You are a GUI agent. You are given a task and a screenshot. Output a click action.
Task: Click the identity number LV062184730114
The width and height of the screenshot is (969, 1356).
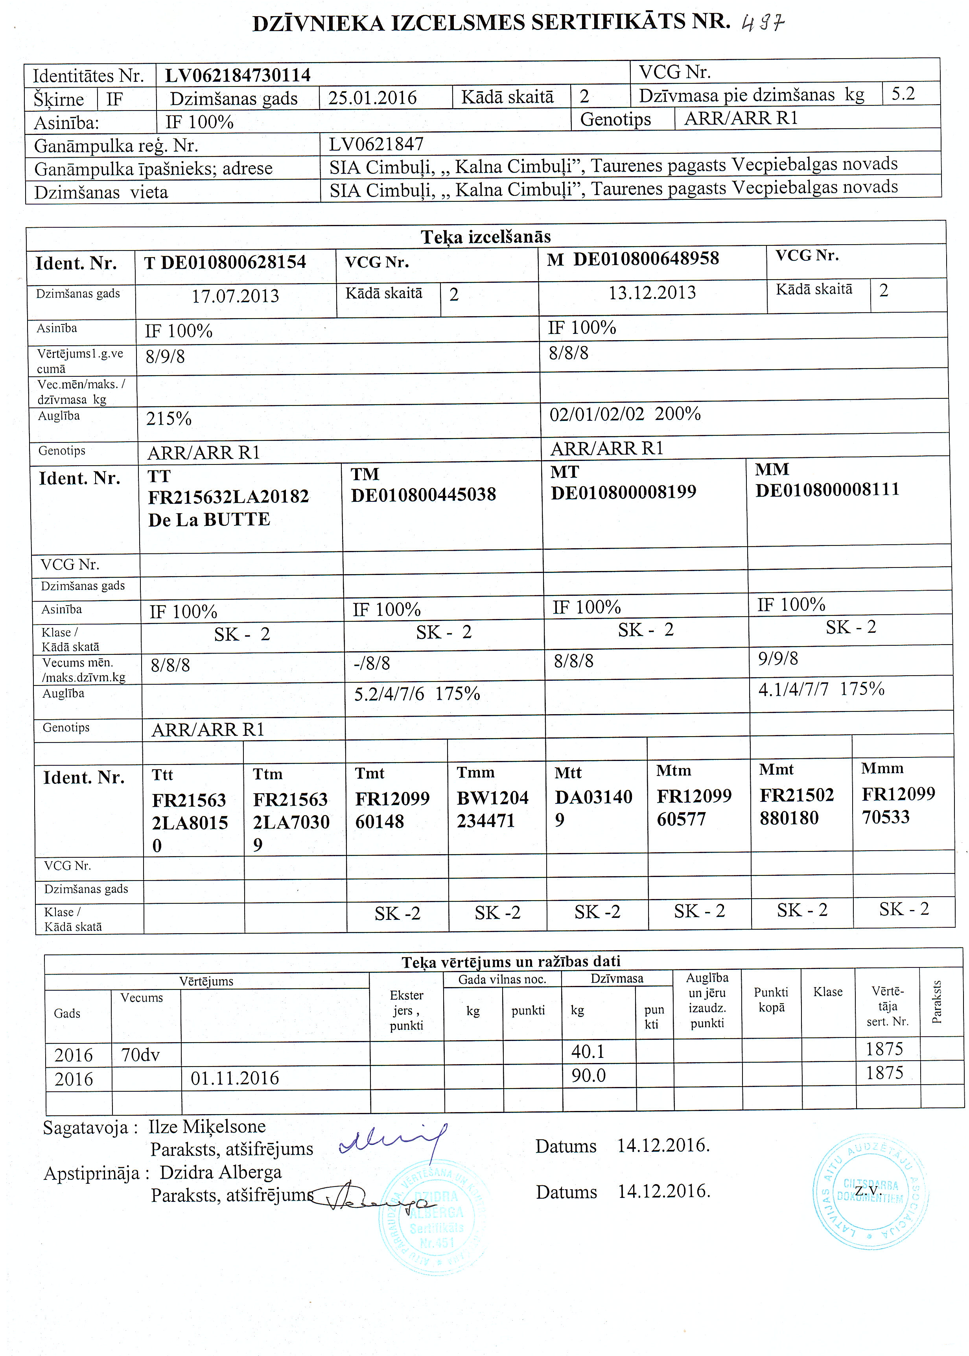point(238,75)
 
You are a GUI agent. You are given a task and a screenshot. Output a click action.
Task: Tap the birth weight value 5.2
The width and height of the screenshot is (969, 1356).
point(903,94)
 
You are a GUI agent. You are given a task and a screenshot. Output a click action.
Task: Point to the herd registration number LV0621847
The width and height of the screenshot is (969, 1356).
point(376,144)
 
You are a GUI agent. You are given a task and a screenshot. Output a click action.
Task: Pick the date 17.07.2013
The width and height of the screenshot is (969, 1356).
point(235,296)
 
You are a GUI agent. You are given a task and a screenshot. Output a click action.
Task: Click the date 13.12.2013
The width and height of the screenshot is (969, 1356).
point(652,292)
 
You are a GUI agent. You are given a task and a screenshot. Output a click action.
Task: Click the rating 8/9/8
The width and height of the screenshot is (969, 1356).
point(165,357)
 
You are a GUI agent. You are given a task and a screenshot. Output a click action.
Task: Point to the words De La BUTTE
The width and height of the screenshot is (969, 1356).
point(209,520)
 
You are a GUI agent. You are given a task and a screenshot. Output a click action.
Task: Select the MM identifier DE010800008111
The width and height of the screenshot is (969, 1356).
point(827,490)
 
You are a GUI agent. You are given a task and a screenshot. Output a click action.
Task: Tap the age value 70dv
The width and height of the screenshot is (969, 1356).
point(140,1055)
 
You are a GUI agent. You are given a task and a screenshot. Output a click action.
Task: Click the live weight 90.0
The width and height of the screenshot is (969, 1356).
point(588,1075)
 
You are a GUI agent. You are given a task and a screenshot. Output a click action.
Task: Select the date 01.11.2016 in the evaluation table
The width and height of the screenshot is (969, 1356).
point(234,1078)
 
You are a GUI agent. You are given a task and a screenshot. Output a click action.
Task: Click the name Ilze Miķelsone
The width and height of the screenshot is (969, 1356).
point(206,1126)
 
